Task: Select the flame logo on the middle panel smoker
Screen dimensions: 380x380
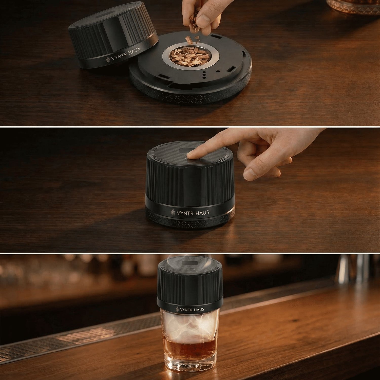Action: point(173,212)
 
